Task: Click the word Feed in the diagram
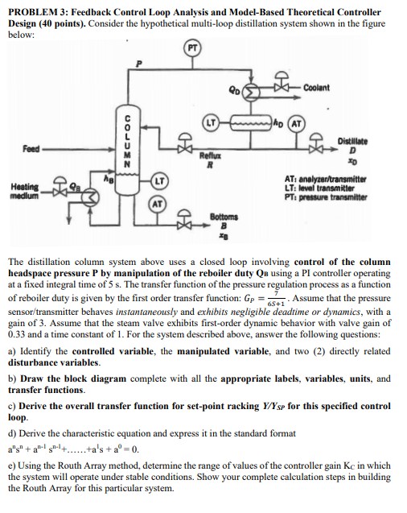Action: tap(31, 150)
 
